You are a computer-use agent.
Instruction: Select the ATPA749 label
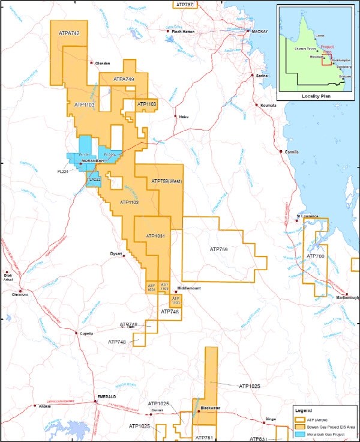click(x=123, y=79)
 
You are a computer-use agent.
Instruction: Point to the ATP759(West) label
click(x=166, y=181)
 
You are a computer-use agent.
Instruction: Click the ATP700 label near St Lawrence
click(x=315, y=256)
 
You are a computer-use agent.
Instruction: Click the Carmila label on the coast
click(x=292, y=152)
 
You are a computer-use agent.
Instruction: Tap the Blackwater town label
click(x=210, y=408)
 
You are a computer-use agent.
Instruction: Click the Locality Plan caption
click(x=314, y=95)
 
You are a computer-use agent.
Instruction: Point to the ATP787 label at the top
click(x=186, y=4)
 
